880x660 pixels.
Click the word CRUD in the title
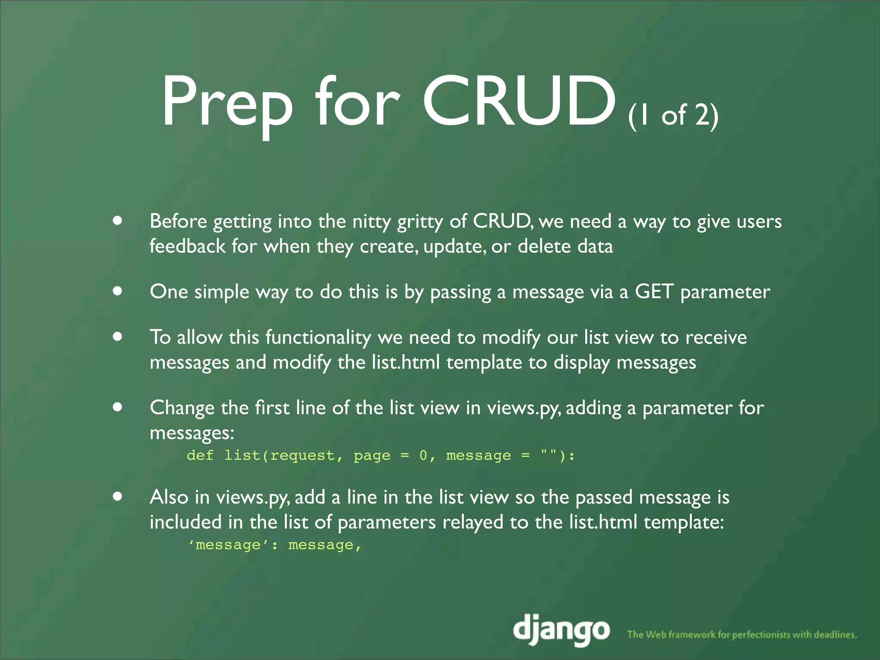click(x=519, y=102)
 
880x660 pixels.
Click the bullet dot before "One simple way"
click(x=118, y=291)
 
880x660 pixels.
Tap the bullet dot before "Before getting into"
click(x=118, y=221)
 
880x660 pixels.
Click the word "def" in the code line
click(x=200, y=455)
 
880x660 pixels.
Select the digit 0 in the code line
click(x=423, y=455)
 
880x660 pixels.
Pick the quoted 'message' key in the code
click(x=228, y=545)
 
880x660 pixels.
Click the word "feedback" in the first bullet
click(x=187, y=246)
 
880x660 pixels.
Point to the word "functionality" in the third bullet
click(x=318, y=337)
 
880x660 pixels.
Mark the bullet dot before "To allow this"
click(x=118, y=337)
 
